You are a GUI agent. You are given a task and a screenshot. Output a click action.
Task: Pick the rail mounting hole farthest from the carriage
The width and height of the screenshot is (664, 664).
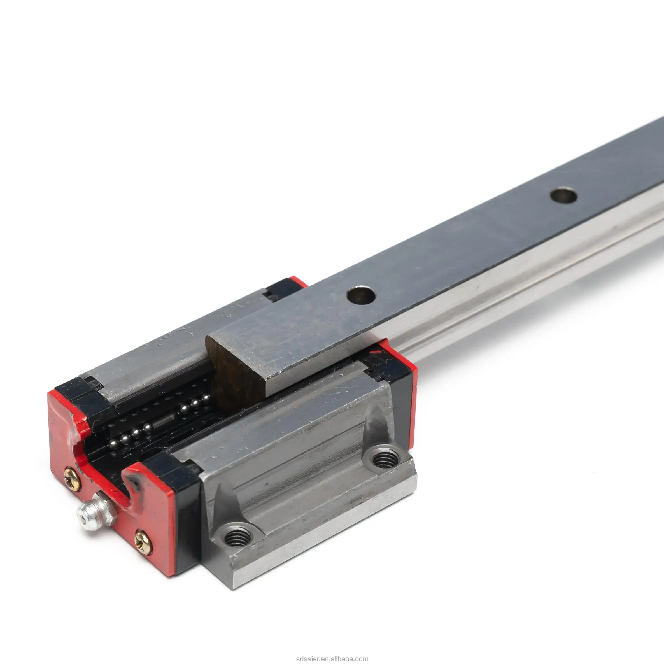563,195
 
